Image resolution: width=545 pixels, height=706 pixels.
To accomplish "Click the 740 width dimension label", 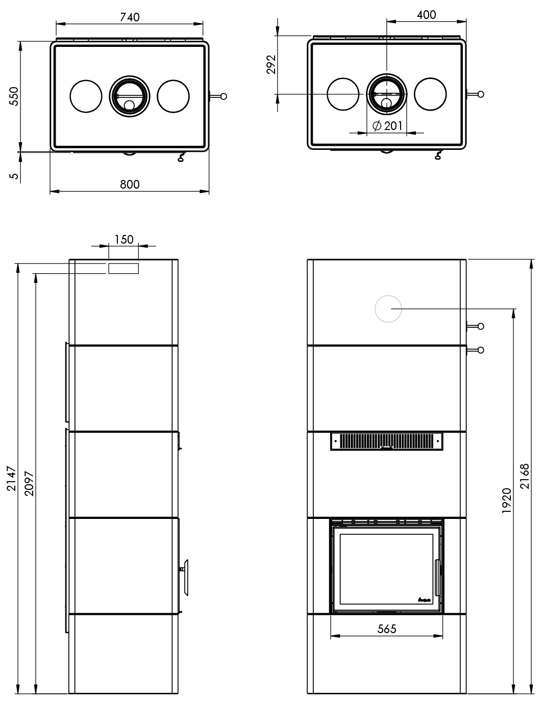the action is coord(130,17).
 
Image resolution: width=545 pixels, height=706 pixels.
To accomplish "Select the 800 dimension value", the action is coord(130,185).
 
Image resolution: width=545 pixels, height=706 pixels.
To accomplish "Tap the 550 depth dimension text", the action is coord(14,96).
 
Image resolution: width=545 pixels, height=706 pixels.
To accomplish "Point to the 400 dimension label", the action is coord(426,15).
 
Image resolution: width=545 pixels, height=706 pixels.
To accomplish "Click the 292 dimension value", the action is coord(271,65).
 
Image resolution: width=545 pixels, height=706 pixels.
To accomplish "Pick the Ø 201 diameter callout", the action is coord(387,125).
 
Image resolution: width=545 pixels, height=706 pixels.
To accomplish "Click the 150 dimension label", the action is coord(124,240).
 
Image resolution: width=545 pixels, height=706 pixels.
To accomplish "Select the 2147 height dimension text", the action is coord(11,478).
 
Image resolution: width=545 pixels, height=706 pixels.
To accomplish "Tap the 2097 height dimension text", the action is coord(29,483).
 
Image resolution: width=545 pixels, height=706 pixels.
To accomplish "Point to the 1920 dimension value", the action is coord(507,501).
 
